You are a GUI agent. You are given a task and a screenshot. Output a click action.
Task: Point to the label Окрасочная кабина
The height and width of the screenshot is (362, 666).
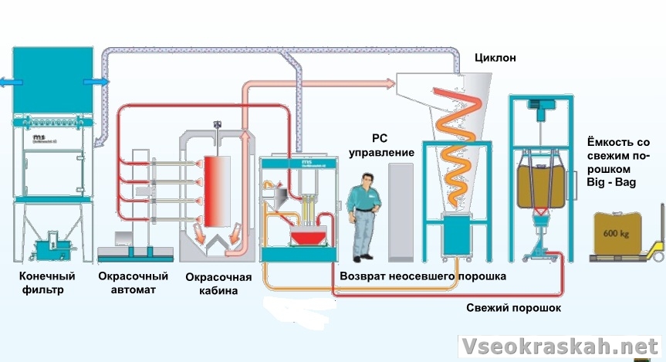218,284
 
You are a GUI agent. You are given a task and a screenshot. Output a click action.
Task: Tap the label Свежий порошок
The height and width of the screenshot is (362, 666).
513,308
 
